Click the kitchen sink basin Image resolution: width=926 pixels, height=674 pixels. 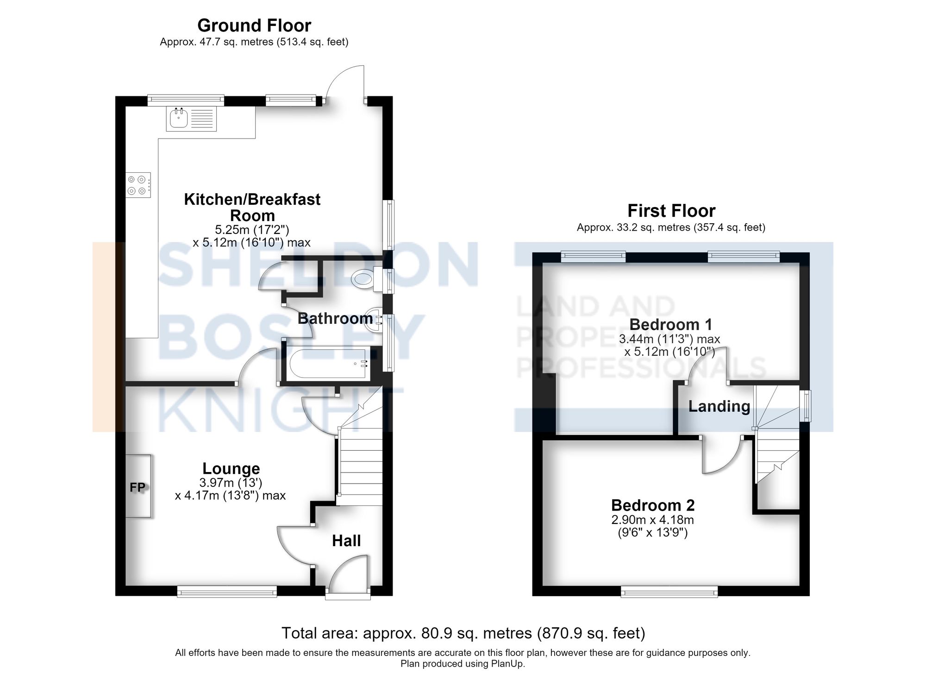point(178,119)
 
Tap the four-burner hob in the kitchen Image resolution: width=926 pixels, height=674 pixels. point(138,185)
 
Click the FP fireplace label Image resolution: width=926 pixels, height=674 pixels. point(138,487)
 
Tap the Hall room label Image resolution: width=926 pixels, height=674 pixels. point(346,541)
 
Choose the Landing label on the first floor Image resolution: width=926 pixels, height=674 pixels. point(719,406)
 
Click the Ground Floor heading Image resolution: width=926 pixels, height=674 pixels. point(254,25)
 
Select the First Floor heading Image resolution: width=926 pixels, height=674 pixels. point(671,211)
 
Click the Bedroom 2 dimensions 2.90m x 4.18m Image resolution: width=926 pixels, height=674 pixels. point(653,520)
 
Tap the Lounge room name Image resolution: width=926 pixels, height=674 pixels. point(231,468)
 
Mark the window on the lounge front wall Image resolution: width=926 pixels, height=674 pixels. point(227,591)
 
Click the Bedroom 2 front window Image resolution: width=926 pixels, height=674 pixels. point(669,591)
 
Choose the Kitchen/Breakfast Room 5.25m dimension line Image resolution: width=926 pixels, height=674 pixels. point(252,230)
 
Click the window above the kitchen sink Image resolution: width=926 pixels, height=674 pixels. point(186,100)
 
